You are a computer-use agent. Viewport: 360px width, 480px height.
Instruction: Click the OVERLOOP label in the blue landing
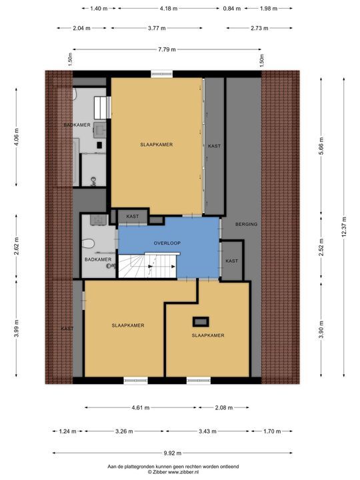point(167,243)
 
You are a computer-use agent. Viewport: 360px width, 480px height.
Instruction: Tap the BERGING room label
point(246,225)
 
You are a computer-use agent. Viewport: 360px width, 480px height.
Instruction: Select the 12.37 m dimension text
point(344,227)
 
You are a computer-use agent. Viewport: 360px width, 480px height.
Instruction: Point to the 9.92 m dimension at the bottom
point(173,453)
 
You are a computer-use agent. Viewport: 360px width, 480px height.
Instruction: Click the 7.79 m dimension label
point(167,49)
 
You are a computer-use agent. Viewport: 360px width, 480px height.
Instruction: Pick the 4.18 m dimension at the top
point(169,9)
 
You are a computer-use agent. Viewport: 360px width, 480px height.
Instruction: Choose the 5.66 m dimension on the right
point(321,146)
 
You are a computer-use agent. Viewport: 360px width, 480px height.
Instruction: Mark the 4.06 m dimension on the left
point(16,137)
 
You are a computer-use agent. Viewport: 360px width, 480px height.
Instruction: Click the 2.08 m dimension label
point(224,408)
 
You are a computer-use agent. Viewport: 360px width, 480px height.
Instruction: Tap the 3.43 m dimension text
point(207,431)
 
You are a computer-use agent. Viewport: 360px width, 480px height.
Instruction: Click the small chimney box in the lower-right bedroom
point(201,322)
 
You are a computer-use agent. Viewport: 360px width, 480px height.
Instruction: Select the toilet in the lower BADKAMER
point(88,244)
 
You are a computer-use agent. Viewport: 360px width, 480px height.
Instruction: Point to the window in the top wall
point(161,73)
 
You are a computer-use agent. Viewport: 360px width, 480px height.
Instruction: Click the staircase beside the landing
point(147,265)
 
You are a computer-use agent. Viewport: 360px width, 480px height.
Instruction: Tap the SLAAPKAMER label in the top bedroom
point(157,145)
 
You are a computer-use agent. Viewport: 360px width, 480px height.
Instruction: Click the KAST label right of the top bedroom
point(214,146)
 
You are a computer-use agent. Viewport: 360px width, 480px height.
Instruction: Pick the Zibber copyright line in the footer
point(173,472)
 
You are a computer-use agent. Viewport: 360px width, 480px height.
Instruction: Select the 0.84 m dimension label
point(232,9)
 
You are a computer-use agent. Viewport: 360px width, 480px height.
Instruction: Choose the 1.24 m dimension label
point(67,431)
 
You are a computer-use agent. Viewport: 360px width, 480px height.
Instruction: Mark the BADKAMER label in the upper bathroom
point(77,125)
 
